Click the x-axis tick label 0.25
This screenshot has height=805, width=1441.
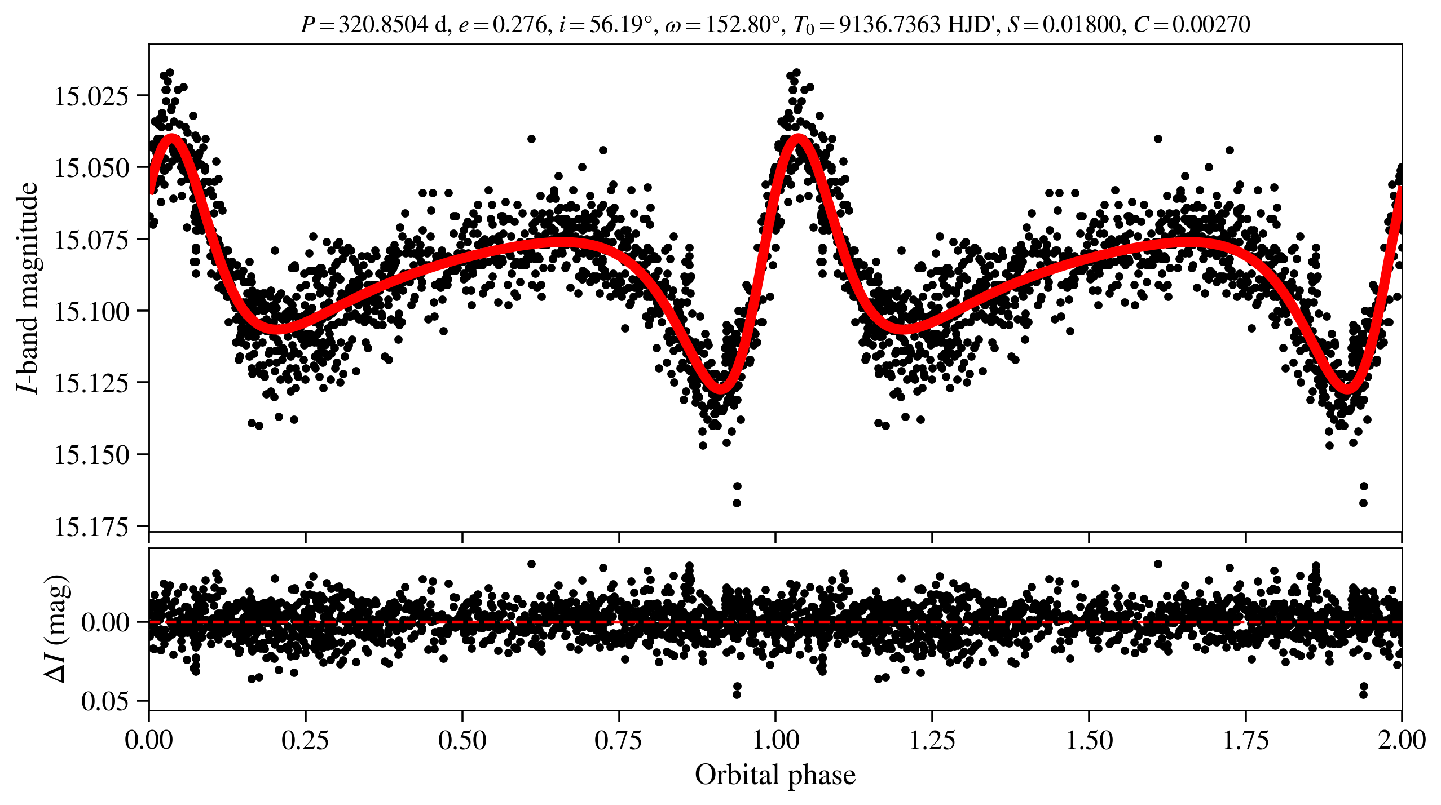point(305,740)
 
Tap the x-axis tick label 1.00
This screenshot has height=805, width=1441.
point(775,740)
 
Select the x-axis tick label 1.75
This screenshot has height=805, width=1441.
point(1245,740)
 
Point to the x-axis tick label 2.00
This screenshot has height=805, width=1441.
point(1402,740)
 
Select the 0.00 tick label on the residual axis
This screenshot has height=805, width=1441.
point(105,623)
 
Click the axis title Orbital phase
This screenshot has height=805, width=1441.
point(775,775)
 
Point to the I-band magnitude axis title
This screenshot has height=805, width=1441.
point(27,287)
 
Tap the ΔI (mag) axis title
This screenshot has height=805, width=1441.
point(56,629)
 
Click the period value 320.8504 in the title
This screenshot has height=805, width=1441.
point(383,25)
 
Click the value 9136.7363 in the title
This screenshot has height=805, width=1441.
point(889,25)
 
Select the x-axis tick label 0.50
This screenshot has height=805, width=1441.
point(462,740)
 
